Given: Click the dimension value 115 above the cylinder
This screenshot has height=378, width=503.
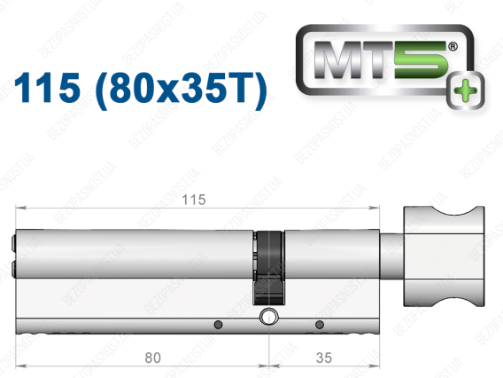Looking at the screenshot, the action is click(194, 200).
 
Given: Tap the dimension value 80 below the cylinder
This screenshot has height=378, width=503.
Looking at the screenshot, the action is click(152, 358).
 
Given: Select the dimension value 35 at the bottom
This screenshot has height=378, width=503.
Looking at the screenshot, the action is click(324, 358).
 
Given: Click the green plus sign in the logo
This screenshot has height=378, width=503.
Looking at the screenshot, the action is click(466, 91).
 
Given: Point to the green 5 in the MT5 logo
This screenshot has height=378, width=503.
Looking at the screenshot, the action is click(421, 59).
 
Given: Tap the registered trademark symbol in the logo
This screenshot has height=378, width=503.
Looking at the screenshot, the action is click(453, 47).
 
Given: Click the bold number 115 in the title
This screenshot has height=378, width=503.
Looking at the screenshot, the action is click(47, 88).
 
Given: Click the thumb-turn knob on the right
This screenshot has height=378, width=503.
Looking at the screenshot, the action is click(444, 256).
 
